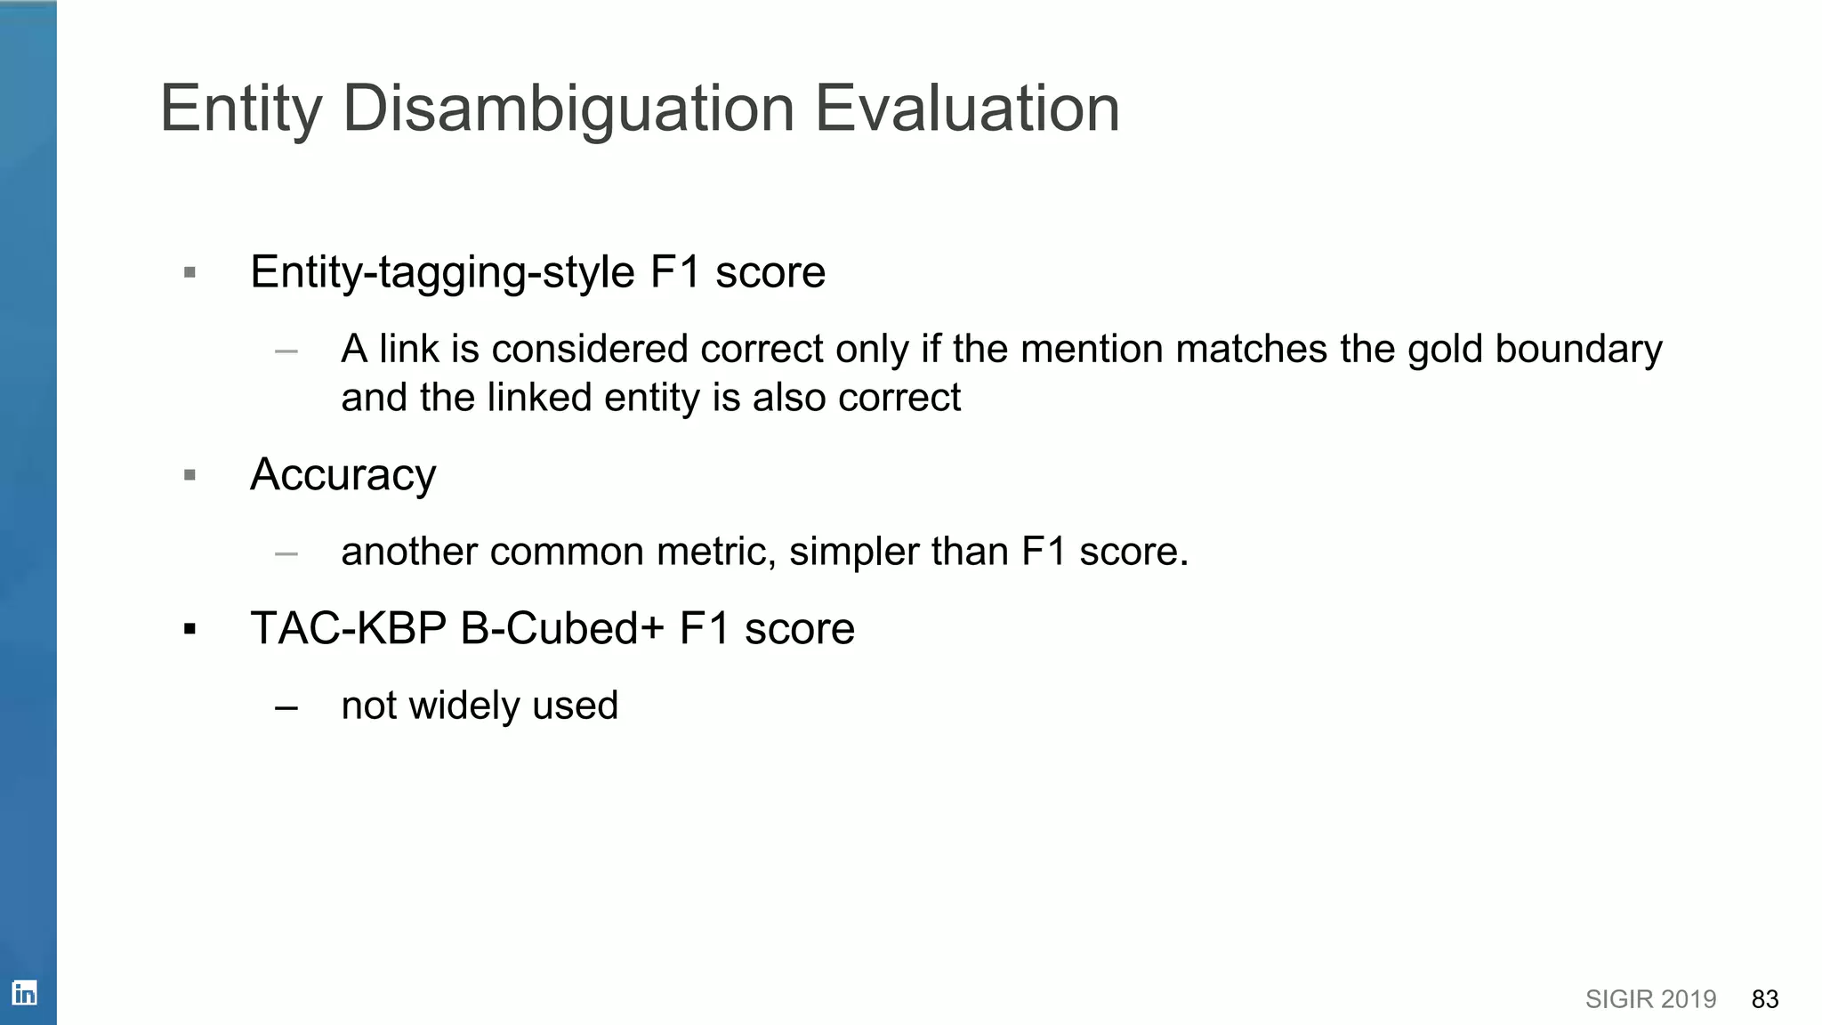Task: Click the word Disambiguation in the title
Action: [x=568, y=109]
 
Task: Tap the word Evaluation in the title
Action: [x=967, y=109]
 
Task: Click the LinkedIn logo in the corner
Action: [x=24, y=993]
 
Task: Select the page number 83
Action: [x=1764, y=999]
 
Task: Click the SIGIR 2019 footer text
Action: [x=1650, y=999]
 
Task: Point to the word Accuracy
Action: [x=343, y=475]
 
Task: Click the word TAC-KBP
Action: [x=348, y=628]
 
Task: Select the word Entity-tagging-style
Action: [x=442, y=272]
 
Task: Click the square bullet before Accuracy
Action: [x=189, y=475]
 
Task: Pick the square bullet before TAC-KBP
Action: [x=189, y=630]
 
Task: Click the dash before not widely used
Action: [x=286, y=708]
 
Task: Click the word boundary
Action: [x=1578, y=349]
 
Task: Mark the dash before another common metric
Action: [x=286, y=553]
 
